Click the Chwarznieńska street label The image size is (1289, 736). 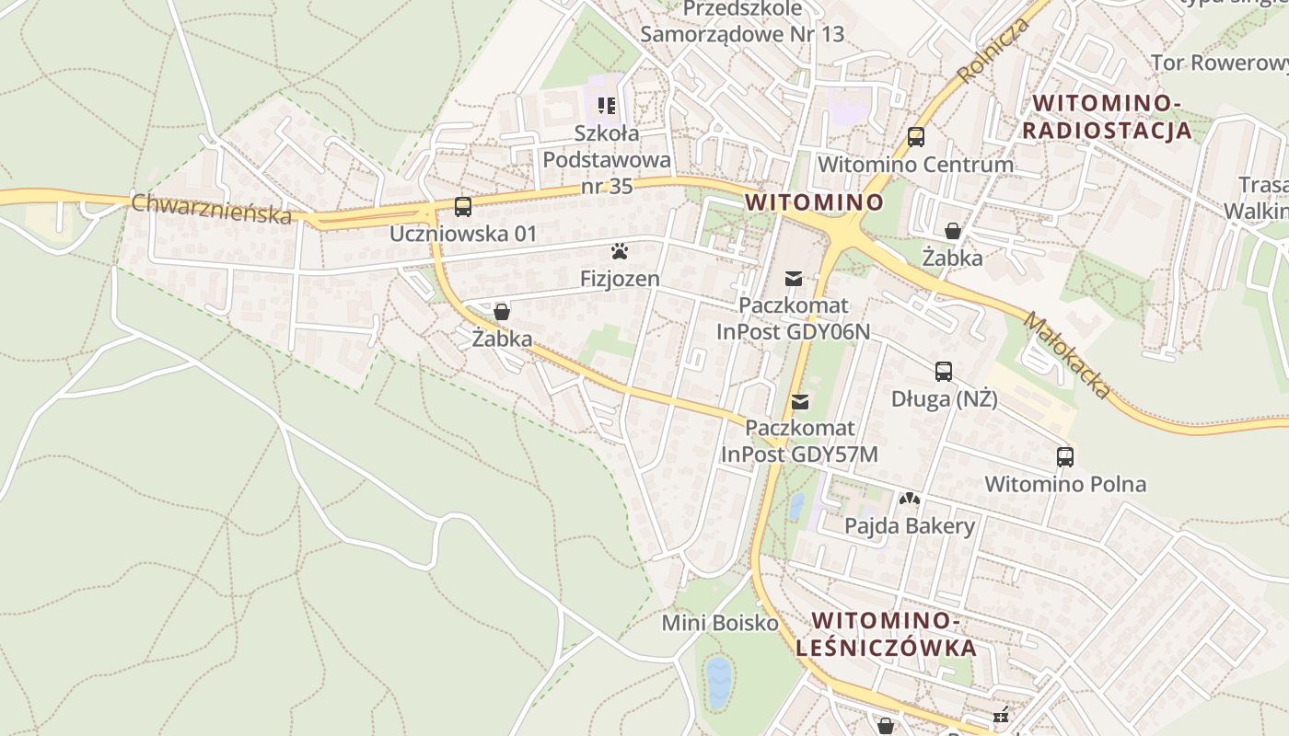pos(211,208)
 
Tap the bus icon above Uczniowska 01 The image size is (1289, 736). pos(463,207)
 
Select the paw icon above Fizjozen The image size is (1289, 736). pos(619,251)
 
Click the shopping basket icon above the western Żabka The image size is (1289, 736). pos(502,312)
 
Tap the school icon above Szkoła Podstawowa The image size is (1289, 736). pos(606,106)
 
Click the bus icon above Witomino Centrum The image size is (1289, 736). pos(915,137)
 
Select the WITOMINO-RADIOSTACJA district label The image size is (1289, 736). pos(1107,116)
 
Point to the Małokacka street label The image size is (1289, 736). pos(1067,355)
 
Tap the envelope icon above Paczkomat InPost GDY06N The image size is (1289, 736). pos(794,278)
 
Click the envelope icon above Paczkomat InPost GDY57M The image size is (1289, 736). pos(800,401)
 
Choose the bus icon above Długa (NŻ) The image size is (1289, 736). pos(944,372)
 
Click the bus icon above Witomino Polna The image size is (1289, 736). pos(1065,456)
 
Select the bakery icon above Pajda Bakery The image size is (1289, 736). pos(910,499)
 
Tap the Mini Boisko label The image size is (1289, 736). pos(720,623)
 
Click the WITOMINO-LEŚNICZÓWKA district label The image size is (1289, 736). pos(886,634)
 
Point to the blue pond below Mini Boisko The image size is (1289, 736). pos(718,683)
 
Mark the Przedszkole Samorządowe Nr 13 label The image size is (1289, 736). pos(742,22)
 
